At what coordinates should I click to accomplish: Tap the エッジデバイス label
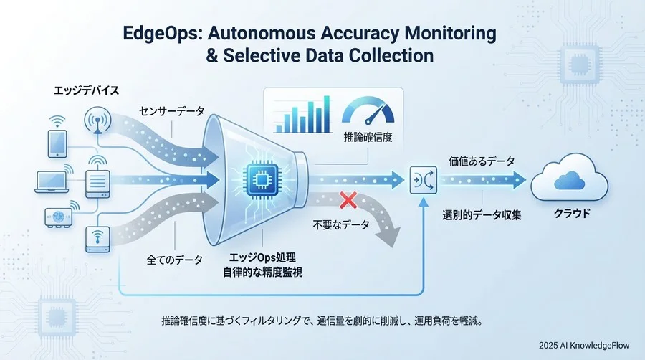coord(84,92)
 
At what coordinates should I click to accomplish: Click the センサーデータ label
coord(171,111)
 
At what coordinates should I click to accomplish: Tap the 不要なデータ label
coord(342,225)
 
